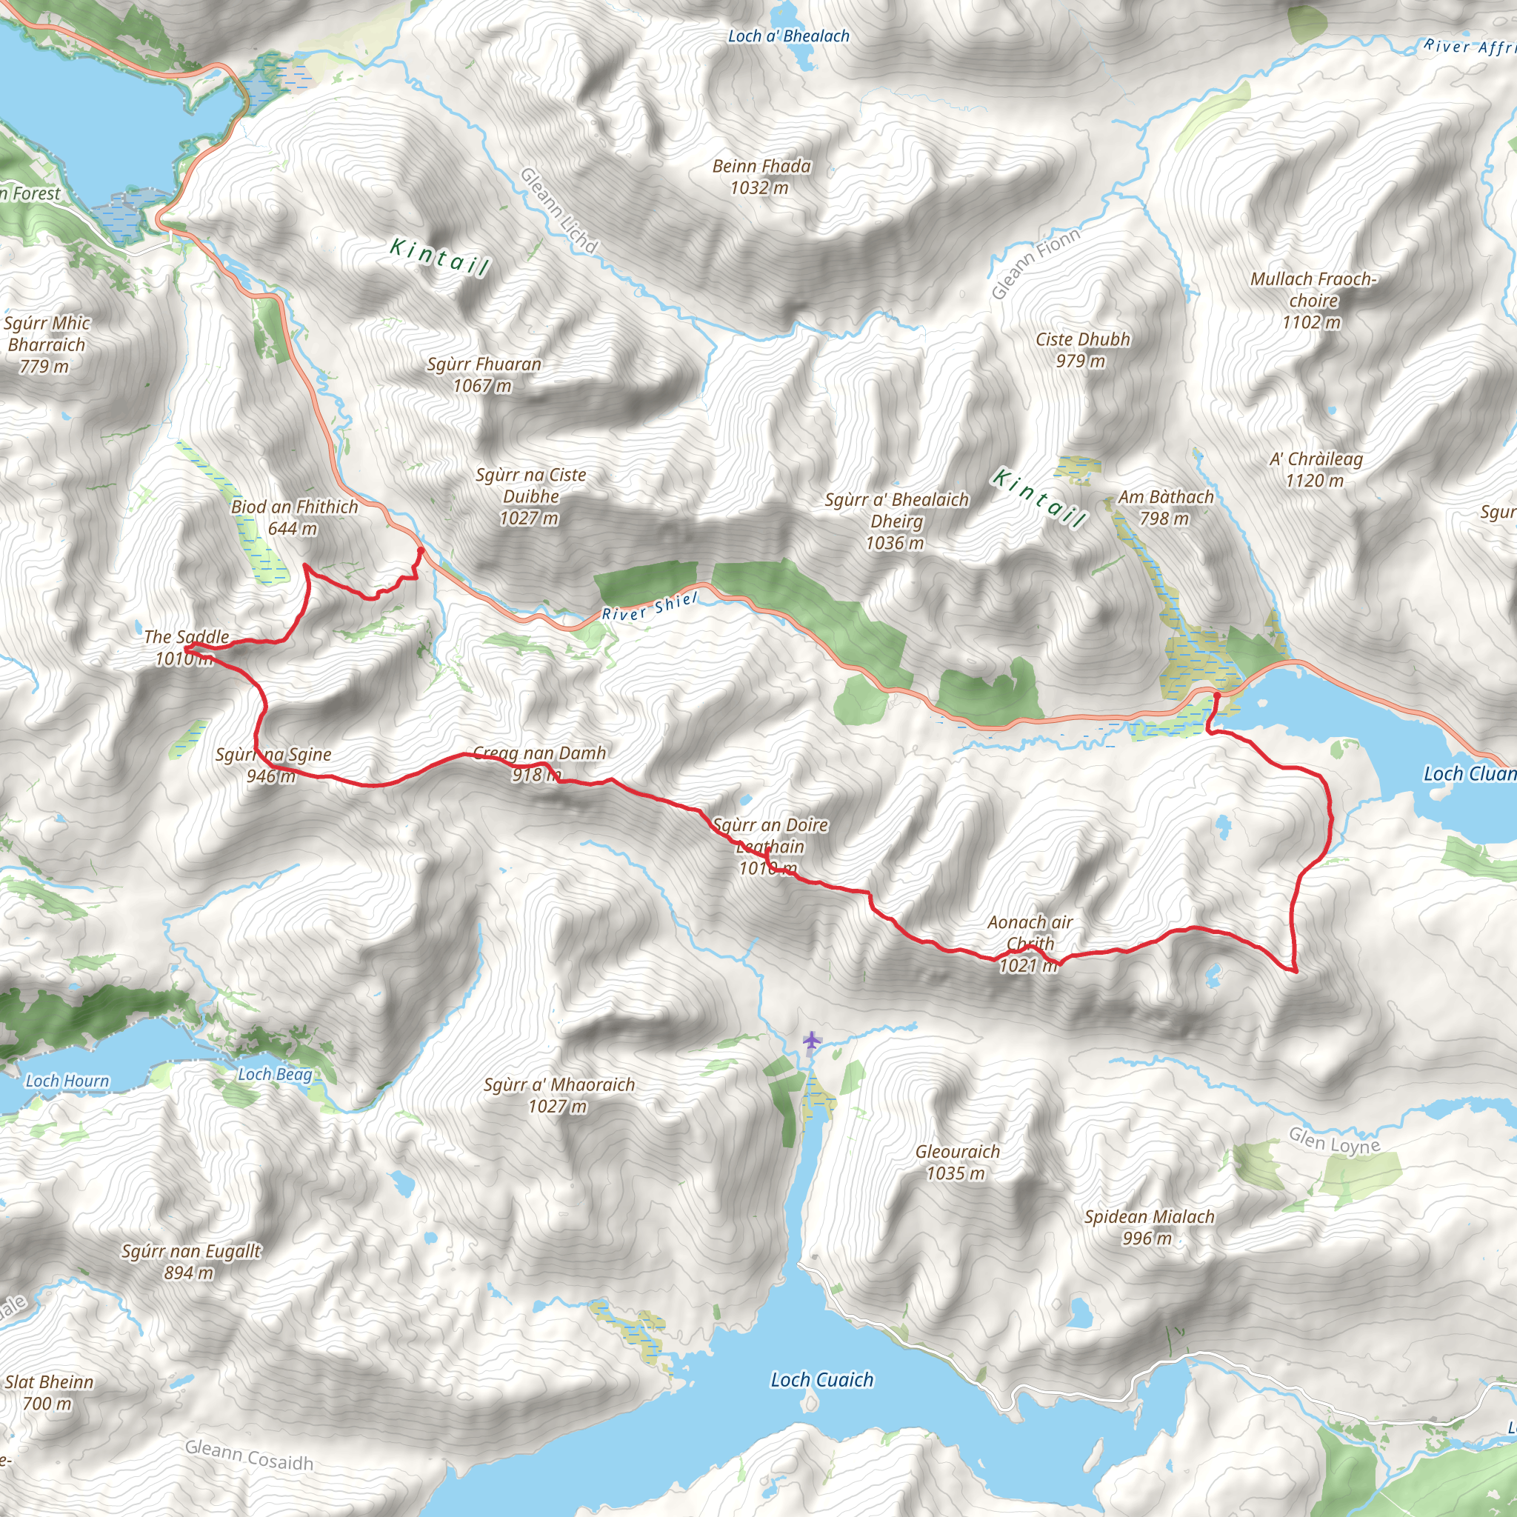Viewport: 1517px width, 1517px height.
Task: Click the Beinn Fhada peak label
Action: (761, 176)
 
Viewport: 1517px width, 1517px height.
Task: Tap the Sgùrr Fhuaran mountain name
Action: (484, 374)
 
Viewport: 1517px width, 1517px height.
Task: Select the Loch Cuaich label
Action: (821, 1379)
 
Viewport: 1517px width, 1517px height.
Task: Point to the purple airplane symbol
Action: (811, 1041)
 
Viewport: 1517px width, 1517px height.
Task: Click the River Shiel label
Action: (649, 606)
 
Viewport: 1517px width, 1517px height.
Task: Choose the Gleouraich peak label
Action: (957, 1162)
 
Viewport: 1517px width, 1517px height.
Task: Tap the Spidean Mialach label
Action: (1149, 1227)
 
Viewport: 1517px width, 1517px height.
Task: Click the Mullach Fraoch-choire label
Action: (1313, 300)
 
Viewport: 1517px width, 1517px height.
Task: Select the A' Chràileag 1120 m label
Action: (1316, 469)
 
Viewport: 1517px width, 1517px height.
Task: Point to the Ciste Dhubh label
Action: (1083, 350)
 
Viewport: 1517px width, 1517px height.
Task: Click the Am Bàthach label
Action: (1165, 507)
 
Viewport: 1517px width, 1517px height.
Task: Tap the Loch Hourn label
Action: (67, 1081)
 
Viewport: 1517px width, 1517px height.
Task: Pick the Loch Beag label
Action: (275, 1074)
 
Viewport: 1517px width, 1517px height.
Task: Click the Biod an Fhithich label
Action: (293, 517)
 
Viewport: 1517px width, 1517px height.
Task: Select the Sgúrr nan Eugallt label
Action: (191, 1261)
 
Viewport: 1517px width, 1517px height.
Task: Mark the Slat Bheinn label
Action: (49, 1392)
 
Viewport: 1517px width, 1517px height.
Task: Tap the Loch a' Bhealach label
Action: (788, 36)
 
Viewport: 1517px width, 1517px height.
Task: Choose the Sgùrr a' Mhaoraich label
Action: (559, 1095)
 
